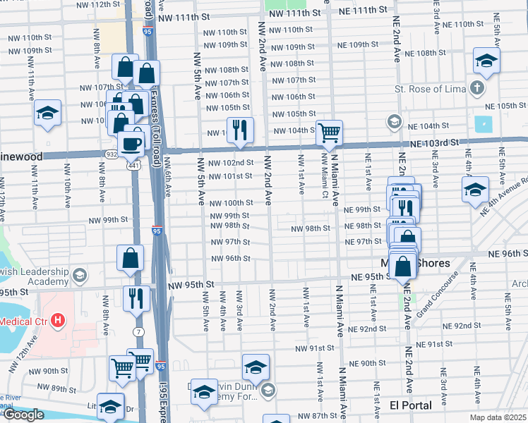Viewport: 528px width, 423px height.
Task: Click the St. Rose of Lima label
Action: point(430,90)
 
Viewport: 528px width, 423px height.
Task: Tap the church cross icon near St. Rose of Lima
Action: point(478,89)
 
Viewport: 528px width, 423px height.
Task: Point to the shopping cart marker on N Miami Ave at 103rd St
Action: point(329,131)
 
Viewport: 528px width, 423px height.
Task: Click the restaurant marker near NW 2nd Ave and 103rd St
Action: point(240,130)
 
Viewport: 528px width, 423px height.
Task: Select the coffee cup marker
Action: point(130,142)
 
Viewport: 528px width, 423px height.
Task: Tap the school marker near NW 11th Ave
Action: point(48,113)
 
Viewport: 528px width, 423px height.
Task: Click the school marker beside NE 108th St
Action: point(486,61)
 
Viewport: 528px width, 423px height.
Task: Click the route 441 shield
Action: point(132,165)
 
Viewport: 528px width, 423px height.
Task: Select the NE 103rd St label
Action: point(433,142)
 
